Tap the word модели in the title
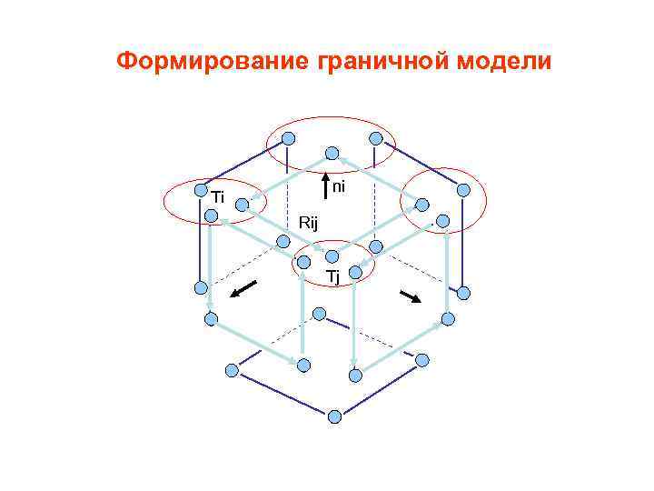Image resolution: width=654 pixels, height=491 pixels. (x=503, y=62)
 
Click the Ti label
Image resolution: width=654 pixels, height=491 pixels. (x=218, y=197)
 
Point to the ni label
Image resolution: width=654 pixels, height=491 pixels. (x=339, y=186)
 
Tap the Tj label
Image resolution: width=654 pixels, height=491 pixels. (x=332, y=276)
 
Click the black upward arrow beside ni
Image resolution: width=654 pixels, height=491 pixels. (x=326, y=188)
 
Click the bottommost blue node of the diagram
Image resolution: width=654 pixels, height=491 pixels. (x=334, y=416)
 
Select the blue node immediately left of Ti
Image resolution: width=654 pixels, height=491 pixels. (x=201, y=190)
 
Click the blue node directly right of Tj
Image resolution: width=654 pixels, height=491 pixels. (x=356, y=271)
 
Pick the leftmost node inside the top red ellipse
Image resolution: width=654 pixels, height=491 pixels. (x=288, y=138)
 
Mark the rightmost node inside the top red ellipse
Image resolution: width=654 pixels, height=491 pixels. (x=376, y=138)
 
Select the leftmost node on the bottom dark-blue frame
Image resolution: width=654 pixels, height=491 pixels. (x=232, y=370)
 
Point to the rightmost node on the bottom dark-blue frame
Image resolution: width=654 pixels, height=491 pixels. (x=421, y=360)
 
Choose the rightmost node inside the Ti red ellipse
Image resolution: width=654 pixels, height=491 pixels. (x=243, y=205)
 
